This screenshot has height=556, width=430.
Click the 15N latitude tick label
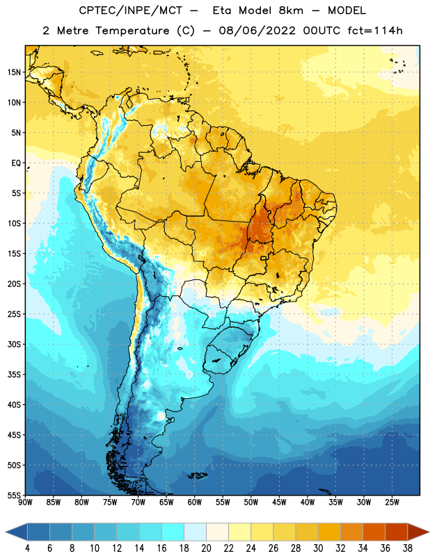14,72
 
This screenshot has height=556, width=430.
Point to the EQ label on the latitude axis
16,163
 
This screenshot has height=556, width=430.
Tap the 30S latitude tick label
14,344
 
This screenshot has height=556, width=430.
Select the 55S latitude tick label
14,496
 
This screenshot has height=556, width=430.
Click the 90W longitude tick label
25,502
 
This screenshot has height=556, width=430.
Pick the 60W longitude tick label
195,502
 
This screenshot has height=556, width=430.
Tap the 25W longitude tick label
392,502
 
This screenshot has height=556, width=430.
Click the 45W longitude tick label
279,502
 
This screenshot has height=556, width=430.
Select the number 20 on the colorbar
206,548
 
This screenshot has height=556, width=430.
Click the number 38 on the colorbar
408,548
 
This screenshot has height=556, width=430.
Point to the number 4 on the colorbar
27,548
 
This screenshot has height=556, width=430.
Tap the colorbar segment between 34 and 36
374,532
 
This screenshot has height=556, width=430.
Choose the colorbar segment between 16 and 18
173,532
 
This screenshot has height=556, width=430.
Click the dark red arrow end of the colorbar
418,532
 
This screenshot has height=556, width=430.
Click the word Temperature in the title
132,31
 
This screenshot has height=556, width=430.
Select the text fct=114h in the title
375,31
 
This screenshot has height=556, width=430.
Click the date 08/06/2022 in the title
257,31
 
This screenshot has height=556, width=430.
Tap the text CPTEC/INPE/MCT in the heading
130,10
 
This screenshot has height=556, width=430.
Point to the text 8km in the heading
291,10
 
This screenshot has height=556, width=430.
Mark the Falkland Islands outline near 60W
197,475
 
